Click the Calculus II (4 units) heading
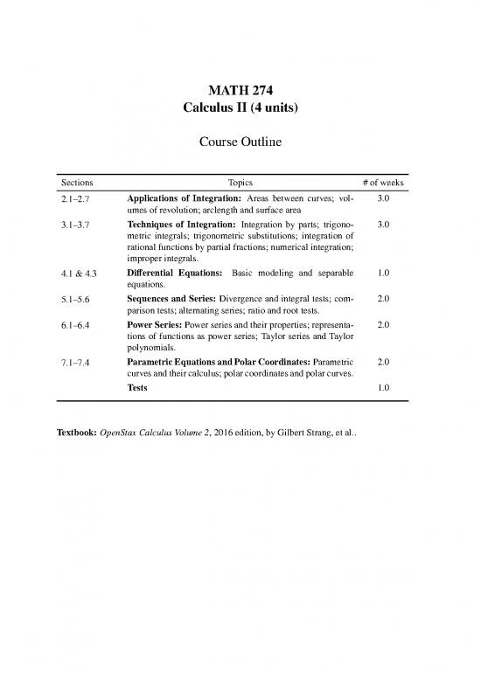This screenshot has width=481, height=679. (240, 108)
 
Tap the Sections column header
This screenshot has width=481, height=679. (77, 183)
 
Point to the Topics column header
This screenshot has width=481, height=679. (240, 183)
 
